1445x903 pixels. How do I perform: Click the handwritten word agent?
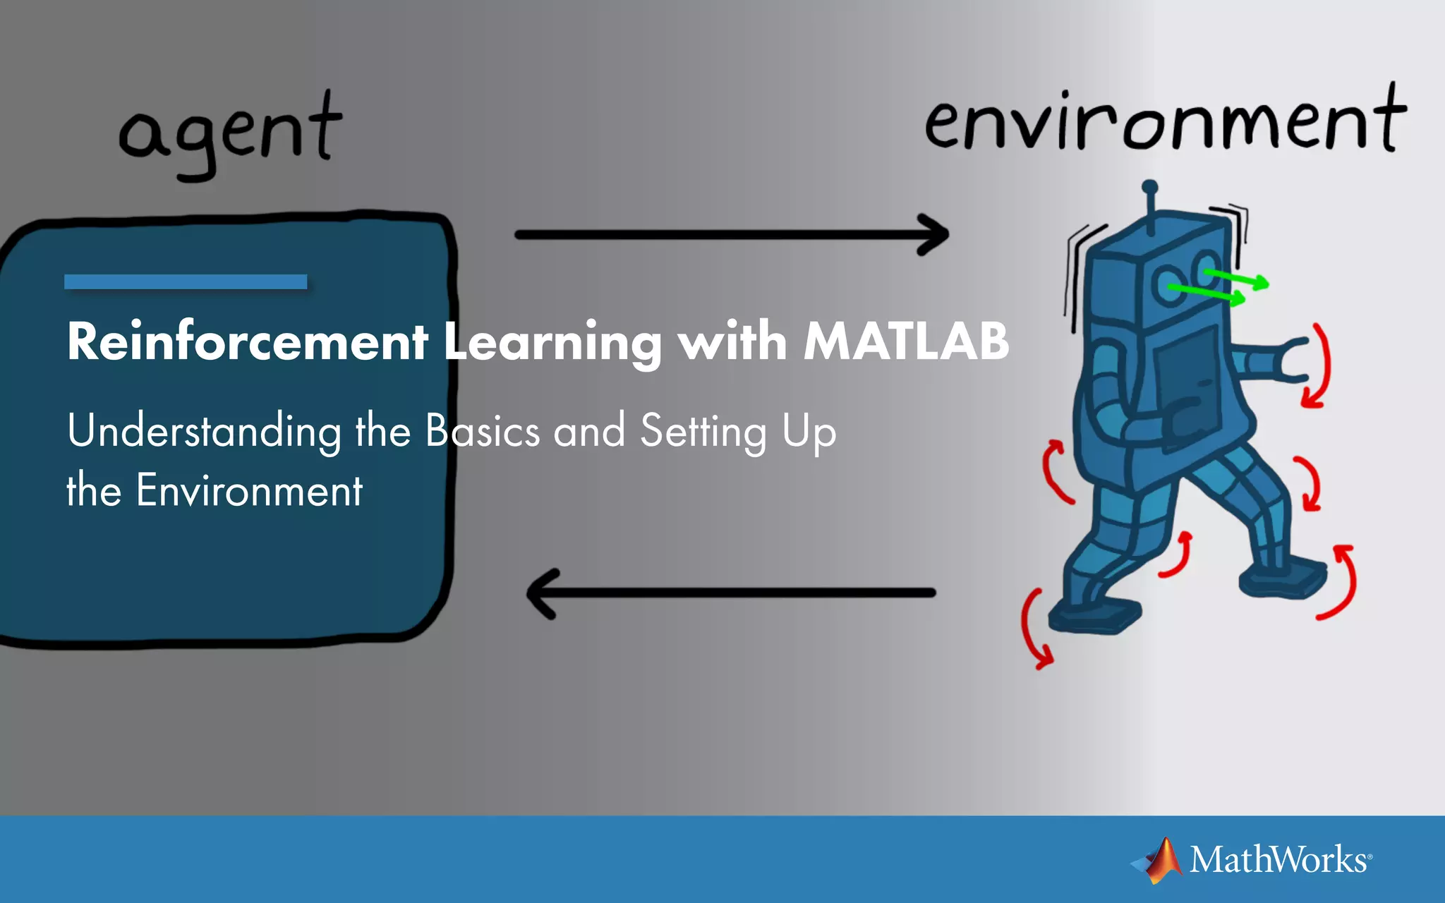230,134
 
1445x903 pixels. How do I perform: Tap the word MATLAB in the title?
907,341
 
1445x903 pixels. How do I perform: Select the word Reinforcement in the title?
247,341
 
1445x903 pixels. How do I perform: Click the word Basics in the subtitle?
483,430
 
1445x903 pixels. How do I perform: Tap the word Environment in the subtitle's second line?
249,490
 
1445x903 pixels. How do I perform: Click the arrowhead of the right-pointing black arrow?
935,235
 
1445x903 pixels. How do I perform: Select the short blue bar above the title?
186,281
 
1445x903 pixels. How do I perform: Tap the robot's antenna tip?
1149,188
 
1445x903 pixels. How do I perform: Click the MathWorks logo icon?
1158,860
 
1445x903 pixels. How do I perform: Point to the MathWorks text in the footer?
1278,860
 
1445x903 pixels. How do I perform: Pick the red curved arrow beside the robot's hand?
1319,367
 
